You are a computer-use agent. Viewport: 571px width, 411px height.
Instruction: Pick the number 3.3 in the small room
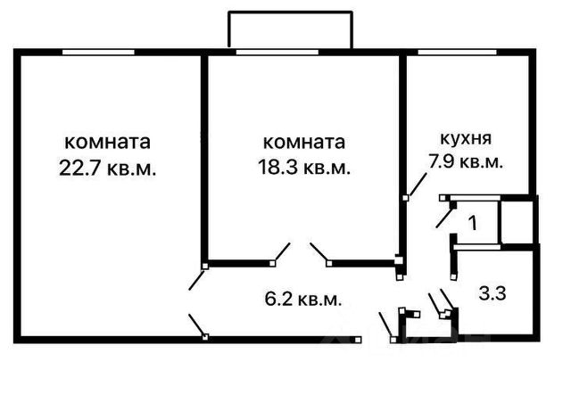click(x=492, y=292)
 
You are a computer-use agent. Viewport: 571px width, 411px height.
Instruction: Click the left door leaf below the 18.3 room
click(x=283, y=253)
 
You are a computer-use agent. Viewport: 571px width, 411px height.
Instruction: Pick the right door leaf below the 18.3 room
click(x=319, y=253)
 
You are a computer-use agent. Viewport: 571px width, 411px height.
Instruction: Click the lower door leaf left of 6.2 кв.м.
click(x=196, y=325)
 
